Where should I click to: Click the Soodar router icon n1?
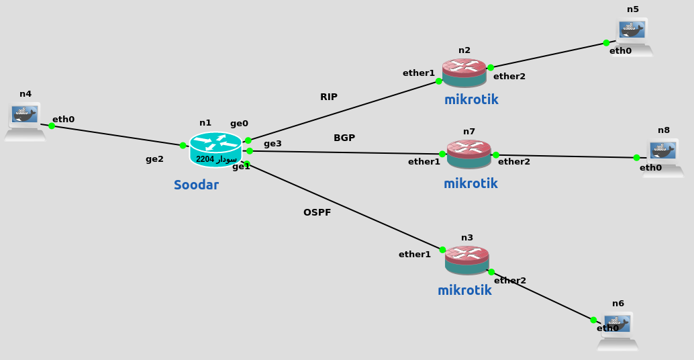pyautogui.click(x=215, y=149)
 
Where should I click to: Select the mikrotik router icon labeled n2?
pyautogui.click(x=464, y=73)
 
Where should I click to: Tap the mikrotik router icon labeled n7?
pyautogui.click(x=468, y=154)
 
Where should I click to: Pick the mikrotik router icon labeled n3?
pyautogui.click(x=466, y=260)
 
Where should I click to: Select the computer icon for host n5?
pyautogui.click(x=632, y=36)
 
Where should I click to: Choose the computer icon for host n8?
pyautogui.click(x=663, y=157)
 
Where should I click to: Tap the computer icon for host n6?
pyautogui.click(x=617, y=330)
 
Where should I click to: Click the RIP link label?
pyautogui.click(x=329, y=97)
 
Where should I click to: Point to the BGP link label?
pyautogui.click(x=344, y=138)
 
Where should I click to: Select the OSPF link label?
pyautogui.click(x=317, y=212)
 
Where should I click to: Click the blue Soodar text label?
pyautogui.click(x=196, y=185)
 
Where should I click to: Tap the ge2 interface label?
pyautogui.click(x=154, y=159)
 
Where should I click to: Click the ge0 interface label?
pyautogui.click(x=239, y=124)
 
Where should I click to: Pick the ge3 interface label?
pyautogui.click(x=272, y=143)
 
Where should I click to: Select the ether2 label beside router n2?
pyautogui.click(x=509, y=77)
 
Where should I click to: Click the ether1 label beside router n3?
pyautogui.click(x=415, y=254)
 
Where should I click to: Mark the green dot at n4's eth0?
pyautogui.click(x=52, y=126)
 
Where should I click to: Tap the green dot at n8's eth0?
pyautogui.click(x=636, y=158)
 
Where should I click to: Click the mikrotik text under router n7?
pyautogui.click(x=470, y=183)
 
